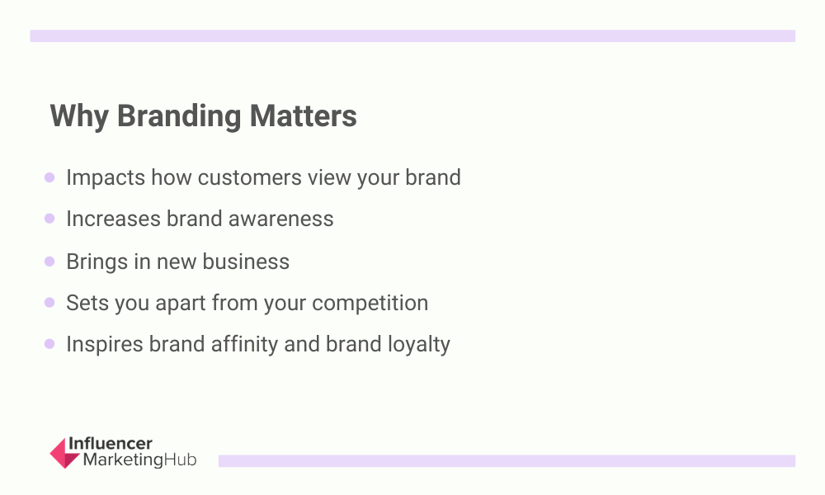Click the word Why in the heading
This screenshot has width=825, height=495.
79,116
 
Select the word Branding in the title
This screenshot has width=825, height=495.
179,116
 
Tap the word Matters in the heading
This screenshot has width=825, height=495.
303,115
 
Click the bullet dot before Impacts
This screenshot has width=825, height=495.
49,177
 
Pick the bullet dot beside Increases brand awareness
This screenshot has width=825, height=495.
49,219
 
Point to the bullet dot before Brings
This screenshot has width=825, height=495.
49,262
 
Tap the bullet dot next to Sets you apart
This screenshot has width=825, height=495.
49,303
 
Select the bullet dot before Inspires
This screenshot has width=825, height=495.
49,343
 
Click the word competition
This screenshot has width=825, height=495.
370,304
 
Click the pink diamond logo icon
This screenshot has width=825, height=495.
64,453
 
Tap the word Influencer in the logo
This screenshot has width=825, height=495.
111,444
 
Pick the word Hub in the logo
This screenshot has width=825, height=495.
180,460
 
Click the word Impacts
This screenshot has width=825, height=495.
106,178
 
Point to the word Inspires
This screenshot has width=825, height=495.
105,345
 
